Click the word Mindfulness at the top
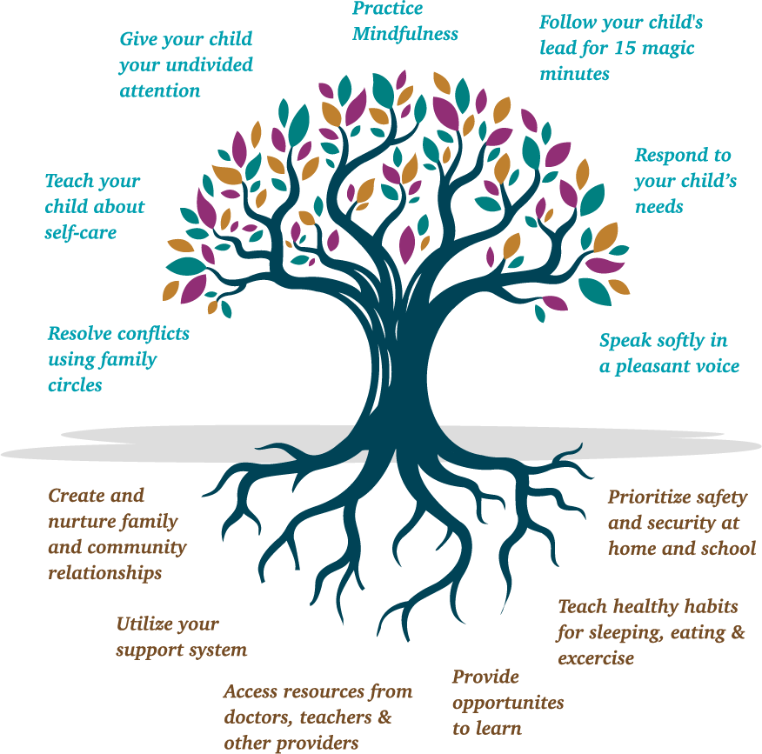pos(404,35)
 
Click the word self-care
pos(80,233)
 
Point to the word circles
pos(75,385)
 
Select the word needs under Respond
pos(658,207)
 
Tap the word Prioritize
pos(647,497)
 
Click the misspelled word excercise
pos(596,658)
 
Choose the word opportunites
pos(508,703)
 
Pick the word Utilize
pos(144,624)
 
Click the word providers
pos(321,744)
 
